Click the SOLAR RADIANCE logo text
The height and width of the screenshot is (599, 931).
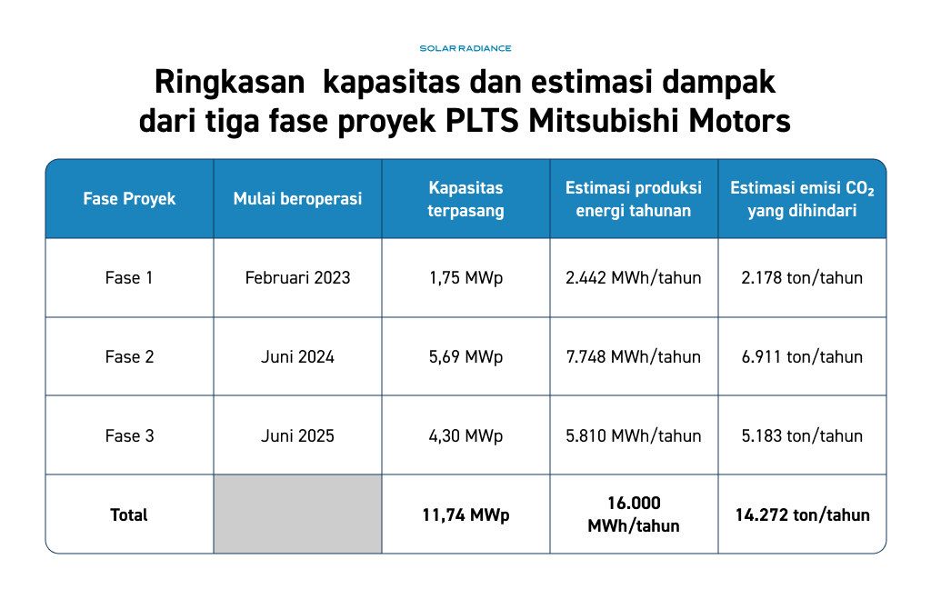[465, 48]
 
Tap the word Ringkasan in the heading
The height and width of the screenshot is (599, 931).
[229, 83]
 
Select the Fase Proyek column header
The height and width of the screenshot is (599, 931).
[129, 198]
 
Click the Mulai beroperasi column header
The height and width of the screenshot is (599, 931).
[297, 198]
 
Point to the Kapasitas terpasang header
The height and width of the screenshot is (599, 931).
[466, 199]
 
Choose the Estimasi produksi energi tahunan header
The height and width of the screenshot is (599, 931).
[634, 199]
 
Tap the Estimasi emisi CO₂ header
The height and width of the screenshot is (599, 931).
[802, 199]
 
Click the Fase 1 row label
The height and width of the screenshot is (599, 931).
[129, 277]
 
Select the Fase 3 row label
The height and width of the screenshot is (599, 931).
[129, 435]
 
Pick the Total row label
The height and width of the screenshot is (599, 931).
[129, 514]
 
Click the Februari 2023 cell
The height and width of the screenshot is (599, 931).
[297, 277]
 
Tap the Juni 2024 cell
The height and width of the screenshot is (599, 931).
[297, 357]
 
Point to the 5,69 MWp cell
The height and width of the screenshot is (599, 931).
[466, 357]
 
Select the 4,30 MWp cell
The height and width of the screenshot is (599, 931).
[466, 435]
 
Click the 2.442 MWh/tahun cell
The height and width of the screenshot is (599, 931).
[634, 277]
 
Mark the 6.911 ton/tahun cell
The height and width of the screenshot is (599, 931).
[802, 357]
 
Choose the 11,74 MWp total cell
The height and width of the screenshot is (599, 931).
[466, 514]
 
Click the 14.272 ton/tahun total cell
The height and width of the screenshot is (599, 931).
[802, 514]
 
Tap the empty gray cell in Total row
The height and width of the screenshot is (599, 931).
[297, 514]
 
